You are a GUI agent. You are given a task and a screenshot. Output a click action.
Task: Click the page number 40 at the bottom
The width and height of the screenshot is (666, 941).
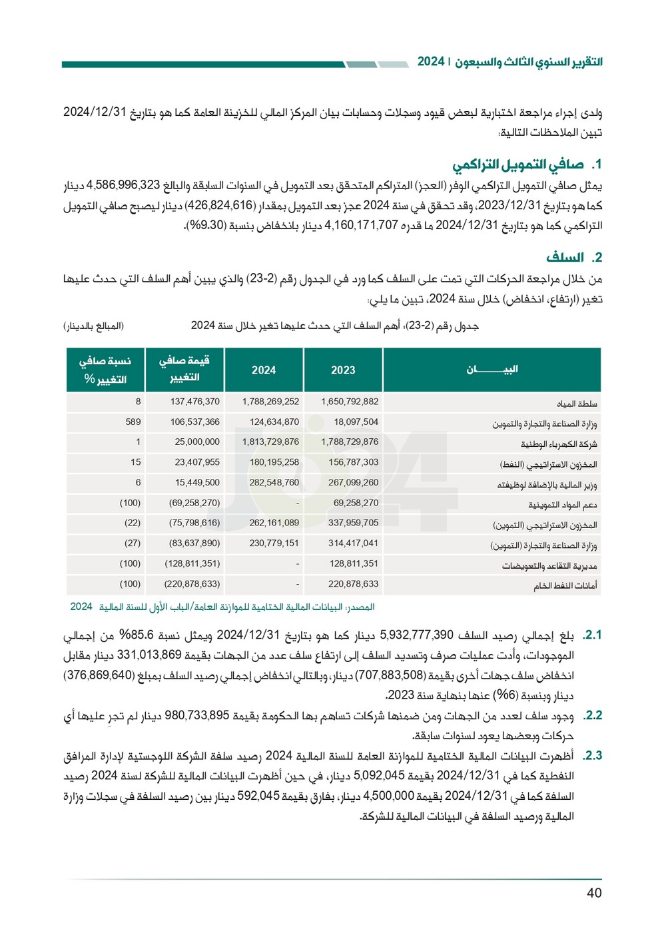(x=594, y=893)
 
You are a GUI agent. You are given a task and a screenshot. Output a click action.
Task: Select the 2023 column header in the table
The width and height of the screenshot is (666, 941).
(x=343, y=370)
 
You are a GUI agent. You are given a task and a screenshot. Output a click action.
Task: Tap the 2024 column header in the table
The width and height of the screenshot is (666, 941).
(x=264, y=370)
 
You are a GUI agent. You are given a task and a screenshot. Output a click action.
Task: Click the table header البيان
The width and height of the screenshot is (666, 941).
(x=492, y=370)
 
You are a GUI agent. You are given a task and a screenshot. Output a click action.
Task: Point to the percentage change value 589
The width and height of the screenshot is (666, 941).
(x=133, y=422)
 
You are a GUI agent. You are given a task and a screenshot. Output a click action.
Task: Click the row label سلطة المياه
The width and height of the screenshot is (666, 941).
(x=577, y=404)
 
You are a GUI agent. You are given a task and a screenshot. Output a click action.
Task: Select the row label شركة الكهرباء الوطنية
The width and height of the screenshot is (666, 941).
(x=559, y=444)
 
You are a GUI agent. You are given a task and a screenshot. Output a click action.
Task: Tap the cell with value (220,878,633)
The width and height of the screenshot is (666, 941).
(x=192, y=584)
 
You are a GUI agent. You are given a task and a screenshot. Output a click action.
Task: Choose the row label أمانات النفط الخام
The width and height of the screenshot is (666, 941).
(x=565, y=586)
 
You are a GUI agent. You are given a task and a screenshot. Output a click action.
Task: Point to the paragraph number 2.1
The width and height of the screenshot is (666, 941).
(x=592, y=635)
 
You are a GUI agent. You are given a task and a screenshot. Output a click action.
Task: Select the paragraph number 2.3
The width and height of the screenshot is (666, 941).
(x=592, y=756)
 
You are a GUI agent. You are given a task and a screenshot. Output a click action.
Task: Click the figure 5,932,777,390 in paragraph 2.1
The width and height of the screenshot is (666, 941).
(x=416, y=635)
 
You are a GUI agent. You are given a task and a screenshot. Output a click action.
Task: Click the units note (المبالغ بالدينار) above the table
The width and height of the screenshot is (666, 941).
(x=94, y=326)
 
